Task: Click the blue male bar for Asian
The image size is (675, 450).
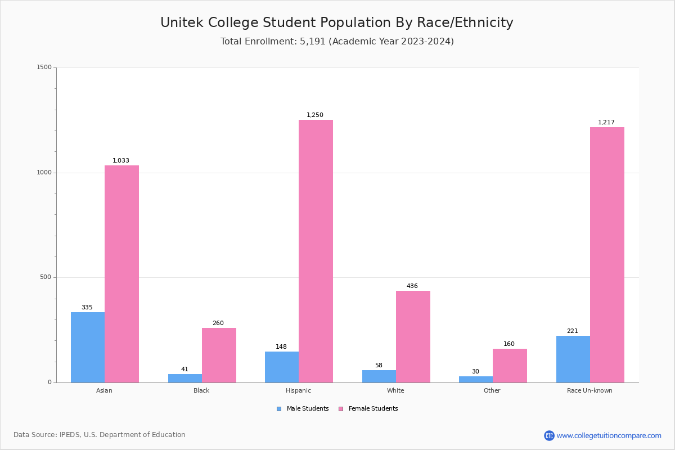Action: (x=88, y=347)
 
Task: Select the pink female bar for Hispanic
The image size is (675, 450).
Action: (x=316, y=251)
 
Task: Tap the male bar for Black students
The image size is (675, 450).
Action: (x=185, y=378)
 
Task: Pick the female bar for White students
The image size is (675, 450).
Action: (x=413, y=336)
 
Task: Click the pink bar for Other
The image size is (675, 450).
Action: (x=510, y=366)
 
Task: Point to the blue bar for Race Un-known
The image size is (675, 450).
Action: (x=573, y=359)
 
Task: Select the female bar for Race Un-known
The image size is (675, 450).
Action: (x=607, y=254)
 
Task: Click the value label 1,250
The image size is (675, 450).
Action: (x=315, y=115)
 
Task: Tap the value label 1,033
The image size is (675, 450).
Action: (x=121, y=161)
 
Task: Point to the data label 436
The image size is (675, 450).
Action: (x=412, y=286)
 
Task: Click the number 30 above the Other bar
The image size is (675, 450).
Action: (x=475, y=372)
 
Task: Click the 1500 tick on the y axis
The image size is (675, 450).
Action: (x=44, y=67)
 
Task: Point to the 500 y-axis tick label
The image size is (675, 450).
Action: (x=46, y=277)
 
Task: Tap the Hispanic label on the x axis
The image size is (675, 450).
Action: (x=298, y=390)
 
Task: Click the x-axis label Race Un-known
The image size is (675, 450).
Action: (x=589, y=390)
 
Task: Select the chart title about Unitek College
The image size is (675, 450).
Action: (x=337, y=22)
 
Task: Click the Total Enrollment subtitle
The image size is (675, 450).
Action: (x=337, y=42)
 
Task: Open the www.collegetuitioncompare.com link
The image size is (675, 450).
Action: (x=609, y=435)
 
